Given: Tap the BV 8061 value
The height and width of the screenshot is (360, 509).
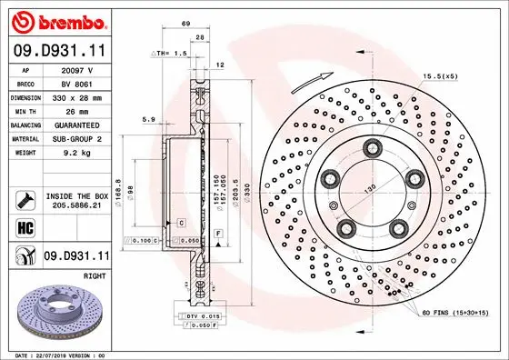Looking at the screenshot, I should [79, 82].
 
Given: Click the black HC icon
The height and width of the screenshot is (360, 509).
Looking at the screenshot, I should [25, 228].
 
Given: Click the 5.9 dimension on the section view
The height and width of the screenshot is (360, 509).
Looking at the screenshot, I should [149, 119].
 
